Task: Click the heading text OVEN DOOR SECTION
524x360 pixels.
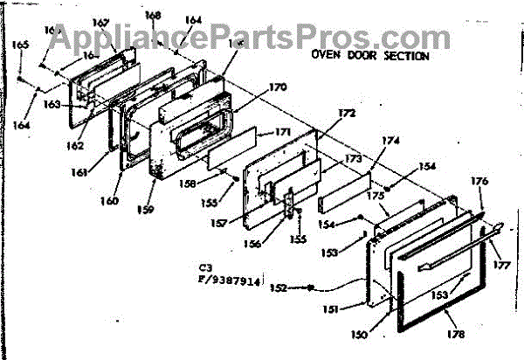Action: [x=370, y=55]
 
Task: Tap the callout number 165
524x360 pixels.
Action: [x=19, y=44]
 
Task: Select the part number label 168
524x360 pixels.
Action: [x=153, y=16]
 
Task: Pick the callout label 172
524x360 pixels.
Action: [x=347, y=114]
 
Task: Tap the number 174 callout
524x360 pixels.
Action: [x=390, y=140]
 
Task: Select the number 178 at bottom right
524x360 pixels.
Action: [x=455, y=335]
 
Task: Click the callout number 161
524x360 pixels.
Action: [x=80, y=172]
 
